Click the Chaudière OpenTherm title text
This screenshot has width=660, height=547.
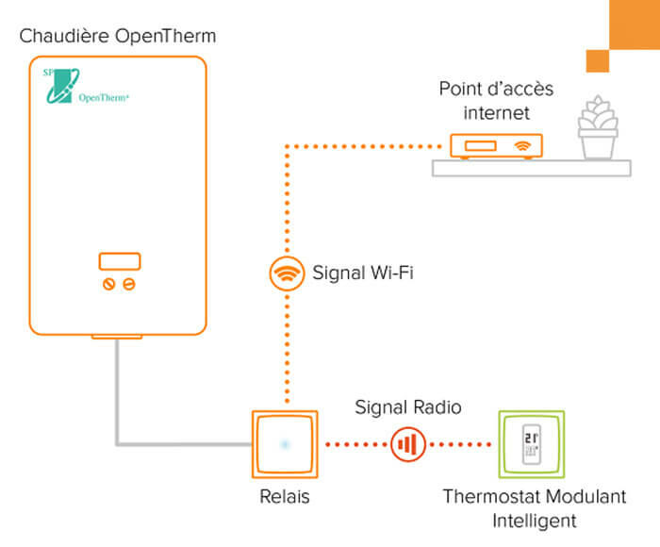coord(117,37)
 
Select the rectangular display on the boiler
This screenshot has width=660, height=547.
coord(119,261)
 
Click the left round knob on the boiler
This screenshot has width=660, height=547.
coord(108,284)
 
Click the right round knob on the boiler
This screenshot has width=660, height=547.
coord(128,284)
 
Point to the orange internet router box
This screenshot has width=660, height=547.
coord(495,146)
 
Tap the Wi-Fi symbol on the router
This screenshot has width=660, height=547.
coord(520,147)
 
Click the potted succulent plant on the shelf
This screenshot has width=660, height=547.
coord(597,132)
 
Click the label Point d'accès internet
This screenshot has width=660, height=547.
coord(496,101)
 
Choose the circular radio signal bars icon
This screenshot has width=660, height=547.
coord(407,442)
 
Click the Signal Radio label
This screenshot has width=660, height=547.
coord(408,407)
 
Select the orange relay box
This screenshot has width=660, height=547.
coord(282,443)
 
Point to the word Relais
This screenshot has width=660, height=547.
coord(282,496)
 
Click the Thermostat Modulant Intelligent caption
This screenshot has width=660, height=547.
coord(534,507)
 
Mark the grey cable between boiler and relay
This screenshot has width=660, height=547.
coord(117,396)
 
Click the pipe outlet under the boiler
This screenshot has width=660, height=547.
coord(117,336)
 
